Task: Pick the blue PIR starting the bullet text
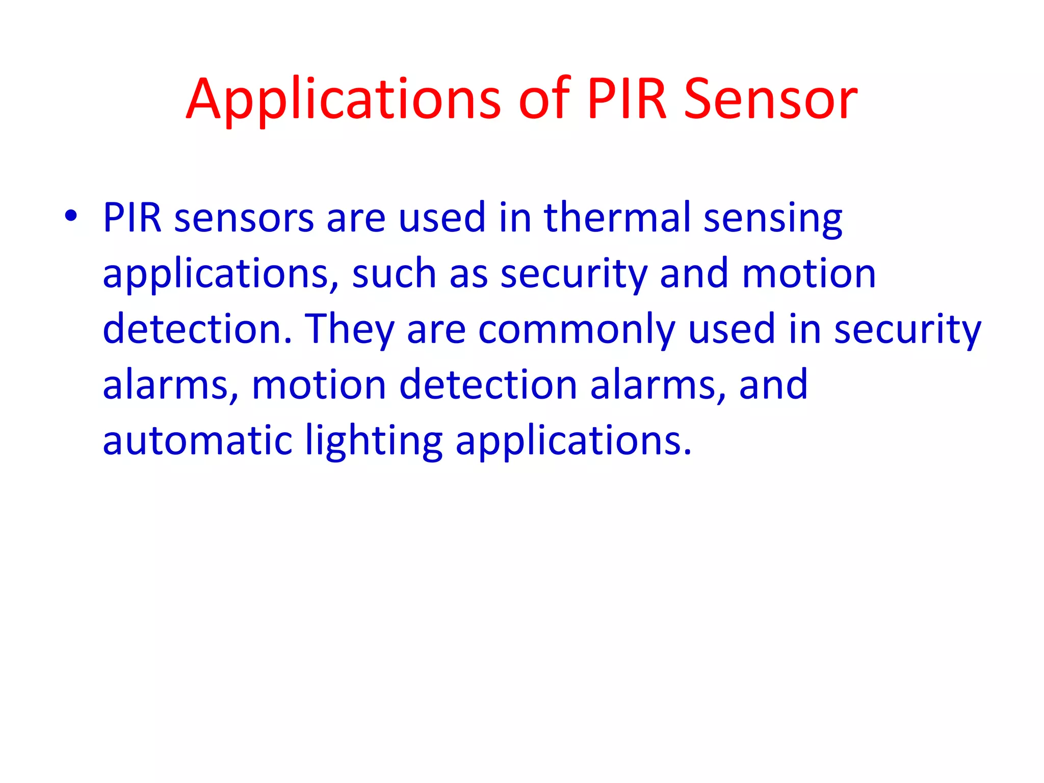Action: (x=132, y=218)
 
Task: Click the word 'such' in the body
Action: (x=394, y=274)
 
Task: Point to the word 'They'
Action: (x=349, y=330)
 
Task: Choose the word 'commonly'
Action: (x=577, y=330)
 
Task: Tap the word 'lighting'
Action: (x=374, y=441)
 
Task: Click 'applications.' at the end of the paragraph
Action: (x=573, y=441)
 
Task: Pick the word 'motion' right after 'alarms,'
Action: (x=319, y=385)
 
